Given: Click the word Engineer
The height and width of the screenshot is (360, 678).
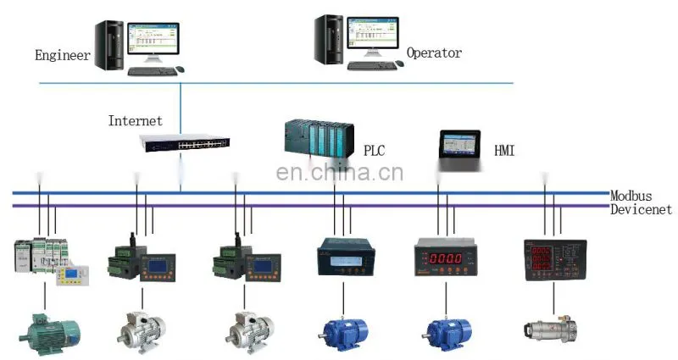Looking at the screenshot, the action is (x=63, y=55).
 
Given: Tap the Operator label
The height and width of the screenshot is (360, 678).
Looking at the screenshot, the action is (x=434, y=53).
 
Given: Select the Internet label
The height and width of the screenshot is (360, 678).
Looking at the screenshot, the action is (x=136, y=120).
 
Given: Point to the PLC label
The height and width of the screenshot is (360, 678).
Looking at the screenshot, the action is (x=374, y=151).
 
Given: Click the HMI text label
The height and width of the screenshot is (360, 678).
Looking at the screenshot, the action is (x=504, y=151).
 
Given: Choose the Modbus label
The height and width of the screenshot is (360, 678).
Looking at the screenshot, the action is (x=631, y=196).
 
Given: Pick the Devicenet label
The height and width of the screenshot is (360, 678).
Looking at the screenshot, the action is (x=641, y=209).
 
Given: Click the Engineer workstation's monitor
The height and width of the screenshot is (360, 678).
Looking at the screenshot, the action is (x=153, y=40).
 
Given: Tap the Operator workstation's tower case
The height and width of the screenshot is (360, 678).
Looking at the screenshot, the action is (x=329, y=39).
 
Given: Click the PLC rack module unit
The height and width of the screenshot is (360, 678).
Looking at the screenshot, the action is (x=320, y=138).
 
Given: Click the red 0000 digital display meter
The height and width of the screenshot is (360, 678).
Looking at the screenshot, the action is (x=446, y=257).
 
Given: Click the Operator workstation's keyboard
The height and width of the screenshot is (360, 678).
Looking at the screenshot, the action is (x=372, y=66).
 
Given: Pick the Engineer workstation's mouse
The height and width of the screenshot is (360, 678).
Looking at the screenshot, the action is (x=180, y=69).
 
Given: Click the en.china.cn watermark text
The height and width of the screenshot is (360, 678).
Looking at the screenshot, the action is (x=340, y=173).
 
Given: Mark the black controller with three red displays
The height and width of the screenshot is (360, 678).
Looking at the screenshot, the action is (x=555, y=260).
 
